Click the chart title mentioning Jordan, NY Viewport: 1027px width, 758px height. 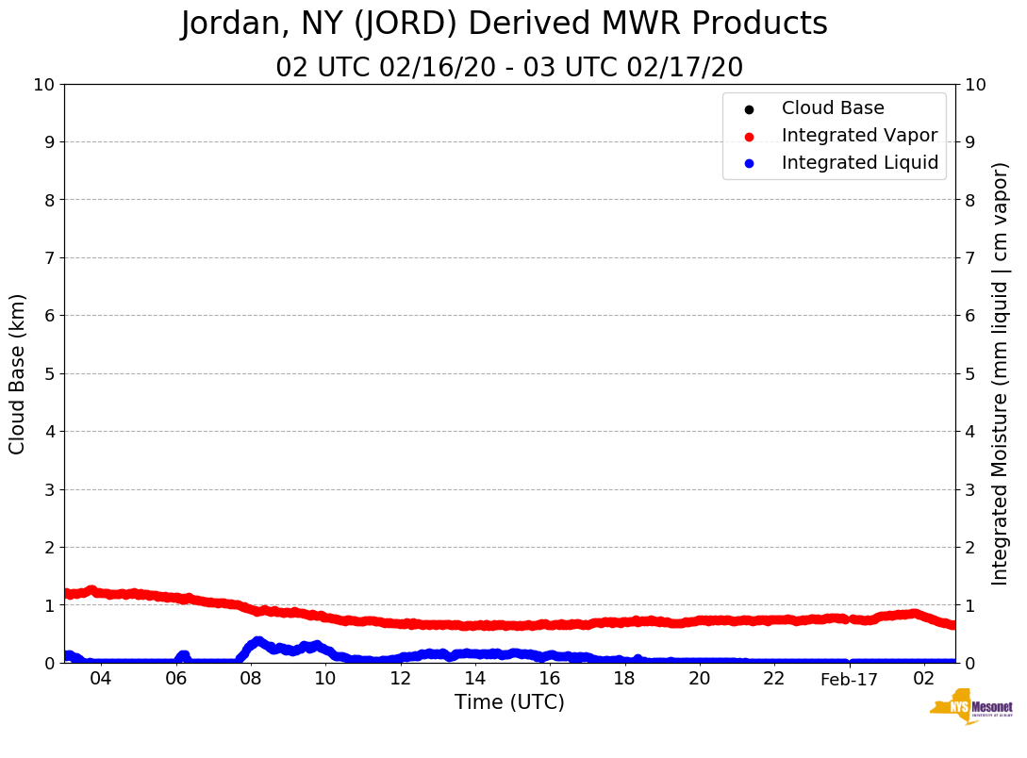pyautogui.click(x=504, y=25)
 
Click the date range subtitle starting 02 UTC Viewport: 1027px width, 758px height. pyautogui.click(x=509, y=68)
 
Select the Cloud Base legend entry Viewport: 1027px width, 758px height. pyautogui.click(x=833, y=108)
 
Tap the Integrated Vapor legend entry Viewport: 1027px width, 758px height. pyautogui.click(x=859, y=136)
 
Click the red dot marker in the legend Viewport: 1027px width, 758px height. pyautogui.click(x=749, y=137)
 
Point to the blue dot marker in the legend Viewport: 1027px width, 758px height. pyautogui.click(x=749, y=164)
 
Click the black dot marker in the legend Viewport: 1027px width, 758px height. pyautogui.click(x=749, y=109)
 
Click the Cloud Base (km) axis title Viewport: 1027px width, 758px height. pyautogui.click(x=18, y=373)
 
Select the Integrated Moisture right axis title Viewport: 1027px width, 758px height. pyautogui.click(x=1000, y=373)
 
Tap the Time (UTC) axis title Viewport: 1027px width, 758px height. pyautogui.click(x=509, y=702)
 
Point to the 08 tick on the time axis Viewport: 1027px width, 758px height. pyautogui.click(x=250, y=679)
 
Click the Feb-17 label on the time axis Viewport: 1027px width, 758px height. pyautogui.click(x=849, y=679)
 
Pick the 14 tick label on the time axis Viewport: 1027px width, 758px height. pyautogui.click(x=474, y=679)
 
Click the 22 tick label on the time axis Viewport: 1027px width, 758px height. pyautogui.click(x=774, y=679)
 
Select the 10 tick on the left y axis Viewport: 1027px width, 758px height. pyautogui.click(x=44, y=85)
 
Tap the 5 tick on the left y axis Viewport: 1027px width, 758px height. pyautogui.click(x=49, y=373)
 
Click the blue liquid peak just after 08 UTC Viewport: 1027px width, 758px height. pyautogui.click(x=257, y=642)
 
